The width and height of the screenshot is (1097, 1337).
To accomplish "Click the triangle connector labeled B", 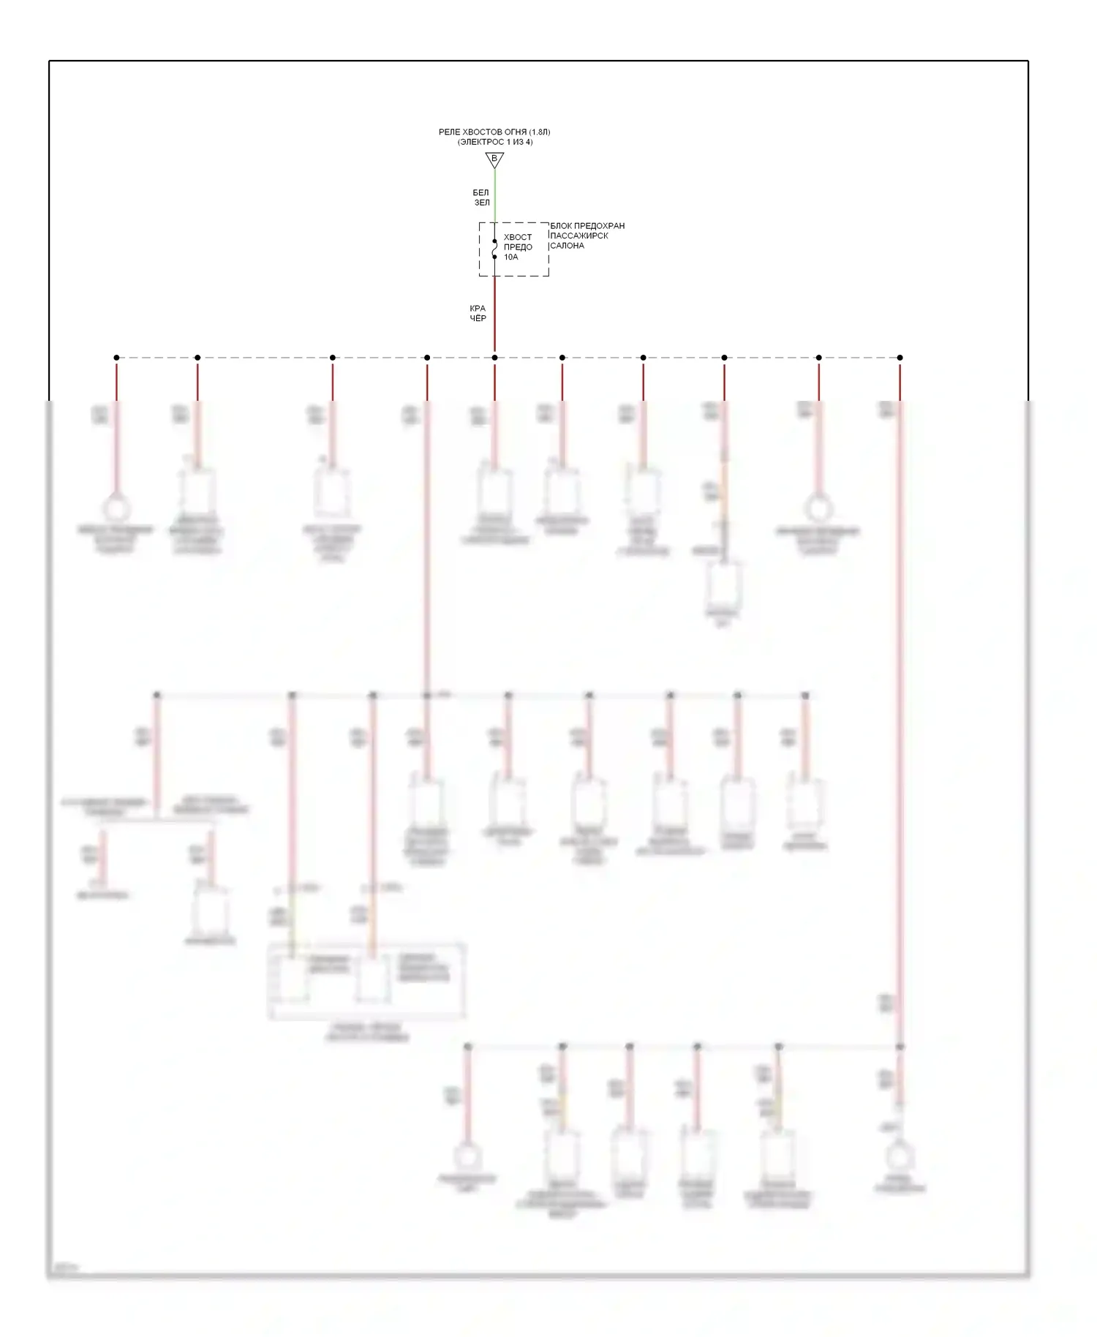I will [x=494, y=159].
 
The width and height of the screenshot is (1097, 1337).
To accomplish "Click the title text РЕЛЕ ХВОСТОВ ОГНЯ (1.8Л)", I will [x=494, y=132].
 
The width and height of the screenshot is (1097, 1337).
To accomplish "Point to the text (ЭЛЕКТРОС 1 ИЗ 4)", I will [x=495, y=142].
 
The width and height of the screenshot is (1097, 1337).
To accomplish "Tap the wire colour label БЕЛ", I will [x=480, y=192].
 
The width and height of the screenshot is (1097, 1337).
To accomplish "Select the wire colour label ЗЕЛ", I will [x=482, y=203].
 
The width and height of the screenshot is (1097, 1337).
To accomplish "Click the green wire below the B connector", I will [x=494, y=194].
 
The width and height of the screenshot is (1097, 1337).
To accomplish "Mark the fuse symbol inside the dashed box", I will [x=494, y=249].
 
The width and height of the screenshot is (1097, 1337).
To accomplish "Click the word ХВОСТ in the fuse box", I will [x=518, y=237].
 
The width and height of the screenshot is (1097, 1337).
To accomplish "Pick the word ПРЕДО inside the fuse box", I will [x=518, y=247].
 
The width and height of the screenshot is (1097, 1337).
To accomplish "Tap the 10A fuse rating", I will [x=510, y=257].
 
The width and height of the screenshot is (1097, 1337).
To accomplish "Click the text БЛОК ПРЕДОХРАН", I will [x=587, y=226].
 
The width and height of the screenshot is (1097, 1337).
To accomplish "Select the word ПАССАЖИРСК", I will [x=579, y=236].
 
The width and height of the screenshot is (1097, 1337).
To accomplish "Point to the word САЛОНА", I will [x=567, y=246].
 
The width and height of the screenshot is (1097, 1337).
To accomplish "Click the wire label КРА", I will [x=478, y=309].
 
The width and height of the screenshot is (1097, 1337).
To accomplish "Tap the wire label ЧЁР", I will [x=478, y=318].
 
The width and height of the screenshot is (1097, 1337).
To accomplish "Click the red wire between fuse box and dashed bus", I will [x=494, y=315].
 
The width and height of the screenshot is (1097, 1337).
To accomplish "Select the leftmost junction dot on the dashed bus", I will [x=116, y=358].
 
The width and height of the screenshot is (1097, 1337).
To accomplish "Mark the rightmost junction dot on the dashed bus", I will [x=900, y=358].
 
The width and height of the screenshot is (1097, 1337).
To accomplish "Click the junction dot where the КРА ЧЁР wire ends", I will [x=494, y=358].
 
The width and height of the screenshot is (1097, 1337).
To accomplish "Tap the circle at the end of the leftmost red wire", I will [x=116, y=508].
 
